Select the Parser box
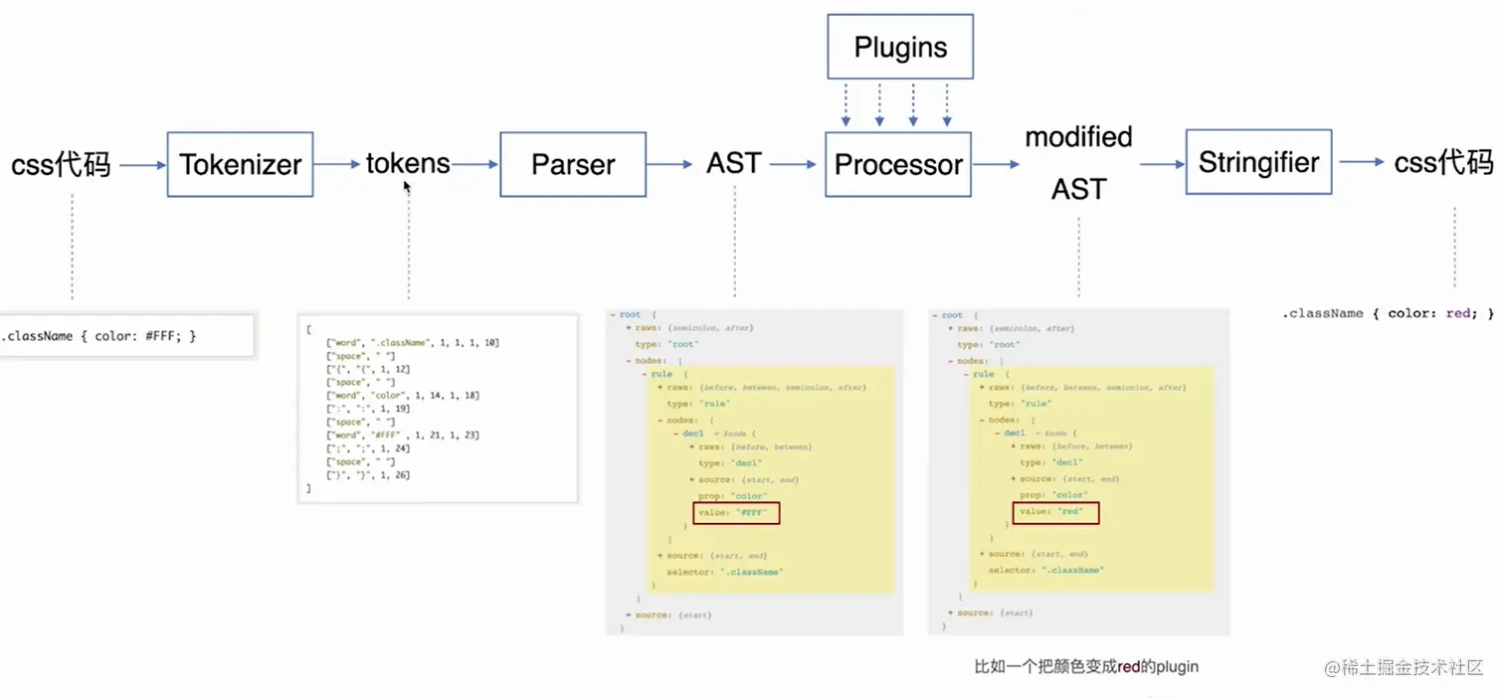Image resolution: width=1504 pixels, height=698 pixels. [573, 164]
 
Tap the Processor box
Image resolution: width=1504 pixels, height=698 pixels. [898, 164]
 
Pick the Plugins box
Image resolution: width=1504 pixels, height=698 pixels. [900, 47]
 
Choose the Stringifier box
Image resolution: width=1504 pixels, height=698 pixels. [1258, 162]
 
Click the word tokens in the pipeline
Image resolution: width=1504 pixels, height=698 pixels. [408, 163]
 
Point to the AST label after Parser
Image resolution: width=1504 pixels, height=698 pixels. [734, 163]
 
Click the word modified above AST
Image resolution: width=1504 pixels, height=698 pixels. [1078, 136]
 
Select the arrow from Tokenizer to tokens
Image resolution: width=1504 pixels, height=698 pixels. [340, 164]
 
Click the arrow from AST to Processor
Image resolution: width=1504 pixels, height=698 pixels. [793, 164]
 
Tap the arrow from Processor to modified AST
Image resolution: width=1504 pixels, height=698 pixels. [996, 164]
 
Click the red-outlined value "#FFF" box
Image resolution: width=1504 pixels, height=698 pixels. [737, 513]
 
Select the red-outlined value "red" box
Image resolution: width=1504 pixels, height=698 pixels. [1056, 512]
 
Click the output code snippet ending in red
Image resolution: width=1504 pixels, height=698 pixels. [1389, 313]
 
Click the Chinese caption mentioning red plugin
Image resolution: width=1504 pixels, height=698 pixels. [1086, 666]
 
